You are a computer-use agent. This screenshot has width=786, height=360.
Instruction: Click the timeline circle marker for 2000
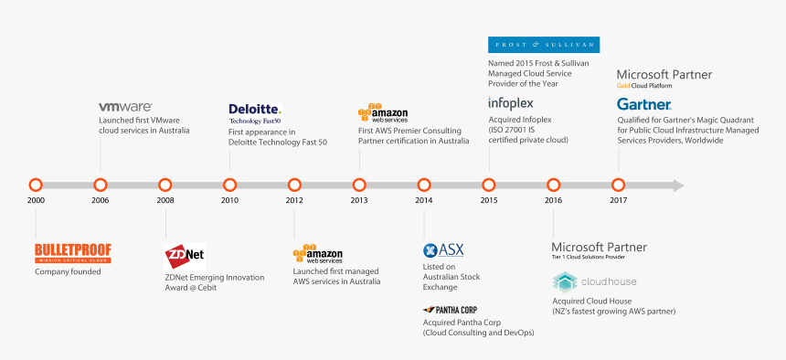tap(36, 185)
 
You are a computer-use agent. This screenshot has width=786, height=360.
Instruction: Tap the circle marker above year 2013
tap(359, 185)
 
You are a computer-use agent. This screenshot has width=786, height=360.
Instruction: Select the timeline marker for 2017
tap(618, 185)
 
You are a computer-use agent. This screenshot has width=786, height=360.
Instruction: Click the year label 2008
tap(165, 200)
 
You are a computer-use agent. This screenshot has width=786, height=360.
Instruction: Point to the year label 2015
tap(488, 200)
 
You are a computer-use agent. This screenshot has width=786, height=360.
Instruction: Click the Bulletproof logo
tap(72, 253)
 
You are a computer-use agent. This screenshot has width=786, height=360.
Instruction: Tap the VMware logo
tap(125, 107)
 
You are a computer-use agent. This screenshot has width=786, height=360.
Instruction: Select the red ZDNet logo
tap(184, 257)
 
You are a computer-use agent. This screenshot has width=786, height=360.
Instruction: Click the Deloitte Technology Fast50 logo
tap(255, 113)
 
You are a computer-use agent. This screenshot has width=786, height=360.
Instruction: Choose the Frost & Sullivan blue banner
tap(544, 45)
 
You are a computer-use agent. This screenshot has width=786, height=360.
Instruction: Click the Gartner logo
tap(644, 104)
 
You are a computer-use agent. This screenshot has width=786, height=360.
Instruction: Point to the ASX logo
tap(444, 250)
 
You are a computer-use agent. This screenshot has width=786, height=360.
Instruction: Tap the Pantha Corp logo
tap(450, 310)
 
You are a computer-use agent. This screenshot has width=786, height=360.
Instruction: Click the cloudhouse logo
tap(594, 281)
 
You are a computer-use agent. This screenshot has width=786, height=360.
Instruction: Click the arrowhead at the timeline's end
tap(676, 185)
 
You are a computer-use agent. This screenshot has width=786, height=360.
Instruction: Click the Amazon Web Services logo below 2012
tap(318, 255)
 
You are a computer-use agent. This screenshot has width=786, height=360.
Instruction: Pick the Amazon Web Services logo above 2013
tap(383, 113)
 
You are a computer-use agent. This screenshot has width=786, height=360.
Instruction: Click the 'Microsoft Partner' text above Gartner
tap(664, 74)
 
